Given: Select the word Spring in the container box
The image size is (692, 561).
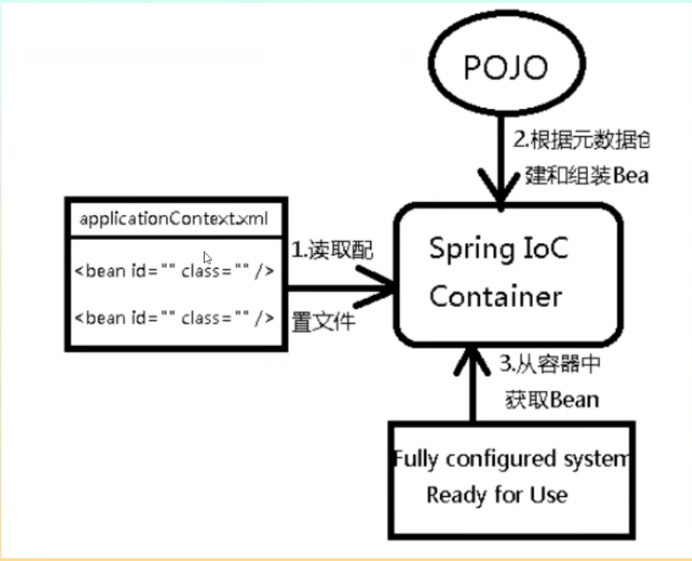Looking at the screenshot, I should [468, 249].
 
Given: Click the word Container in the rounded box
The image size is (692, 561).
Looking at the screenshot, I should [496, 296].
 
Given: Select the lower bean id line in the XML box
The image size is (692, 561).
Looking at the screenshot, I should [174, 317].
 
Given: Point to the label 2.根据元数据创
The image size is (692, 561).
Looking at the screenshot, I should [581, 140].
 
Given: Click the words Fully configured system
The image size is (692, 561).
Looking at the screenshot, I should [512, 459].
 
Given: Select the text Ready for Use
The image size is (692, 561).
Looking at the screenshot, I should [497, 495].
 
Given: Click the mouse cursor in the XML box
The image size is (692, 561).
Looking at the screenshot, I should [207, 258].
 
